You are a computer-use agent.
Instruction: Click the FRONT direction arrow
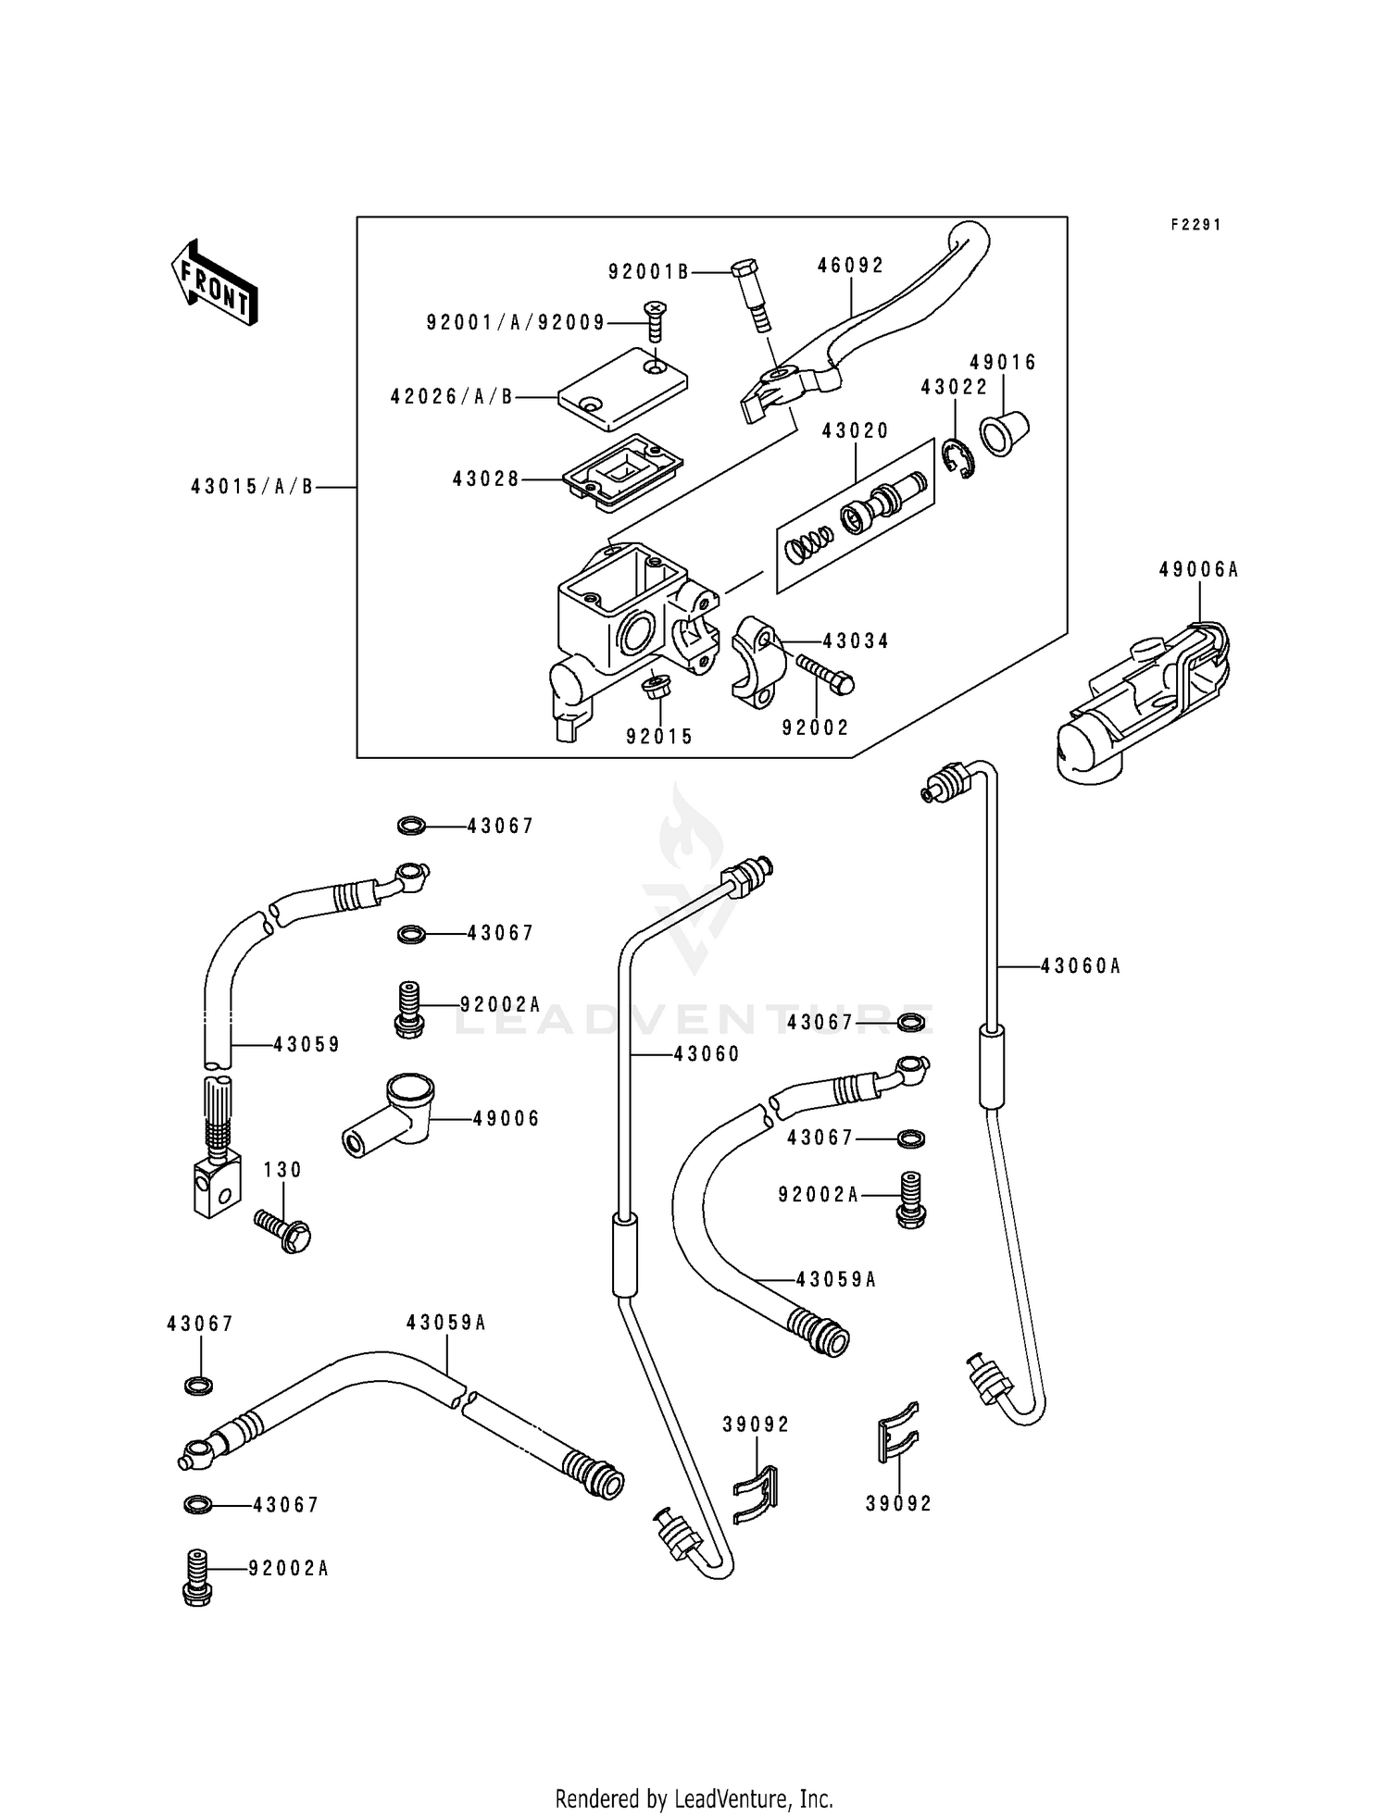pyautogui.click(x=214, y=282)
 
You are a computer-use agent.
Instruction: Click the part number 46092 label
pyautogui.click(x=850, y=266)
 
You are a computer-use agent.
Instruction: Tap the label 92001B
pyautogui.click(x=648, y=272)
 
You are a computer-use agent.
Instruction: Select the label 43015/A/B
pyautogui.click(x=252, y=487)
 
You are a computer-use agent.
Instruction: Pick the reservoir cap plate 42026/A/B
pyautogui.click(x=622, y=389)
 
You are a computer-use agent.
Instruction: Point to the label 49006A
pyautogui.click(x=1198, y=570)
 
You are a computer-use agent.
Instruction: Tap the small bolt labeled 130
pyautogui.click(x=283, y=1231)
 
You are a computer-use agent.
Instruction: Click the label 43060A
pyautogui.click(x=1080, y=966)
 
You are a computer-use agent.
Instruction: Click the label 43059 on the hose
pyautogui.click(x=307, y=1045)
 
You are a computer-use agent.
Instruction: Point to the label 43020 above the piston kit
pyautogui.click(x=855, y=430)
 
